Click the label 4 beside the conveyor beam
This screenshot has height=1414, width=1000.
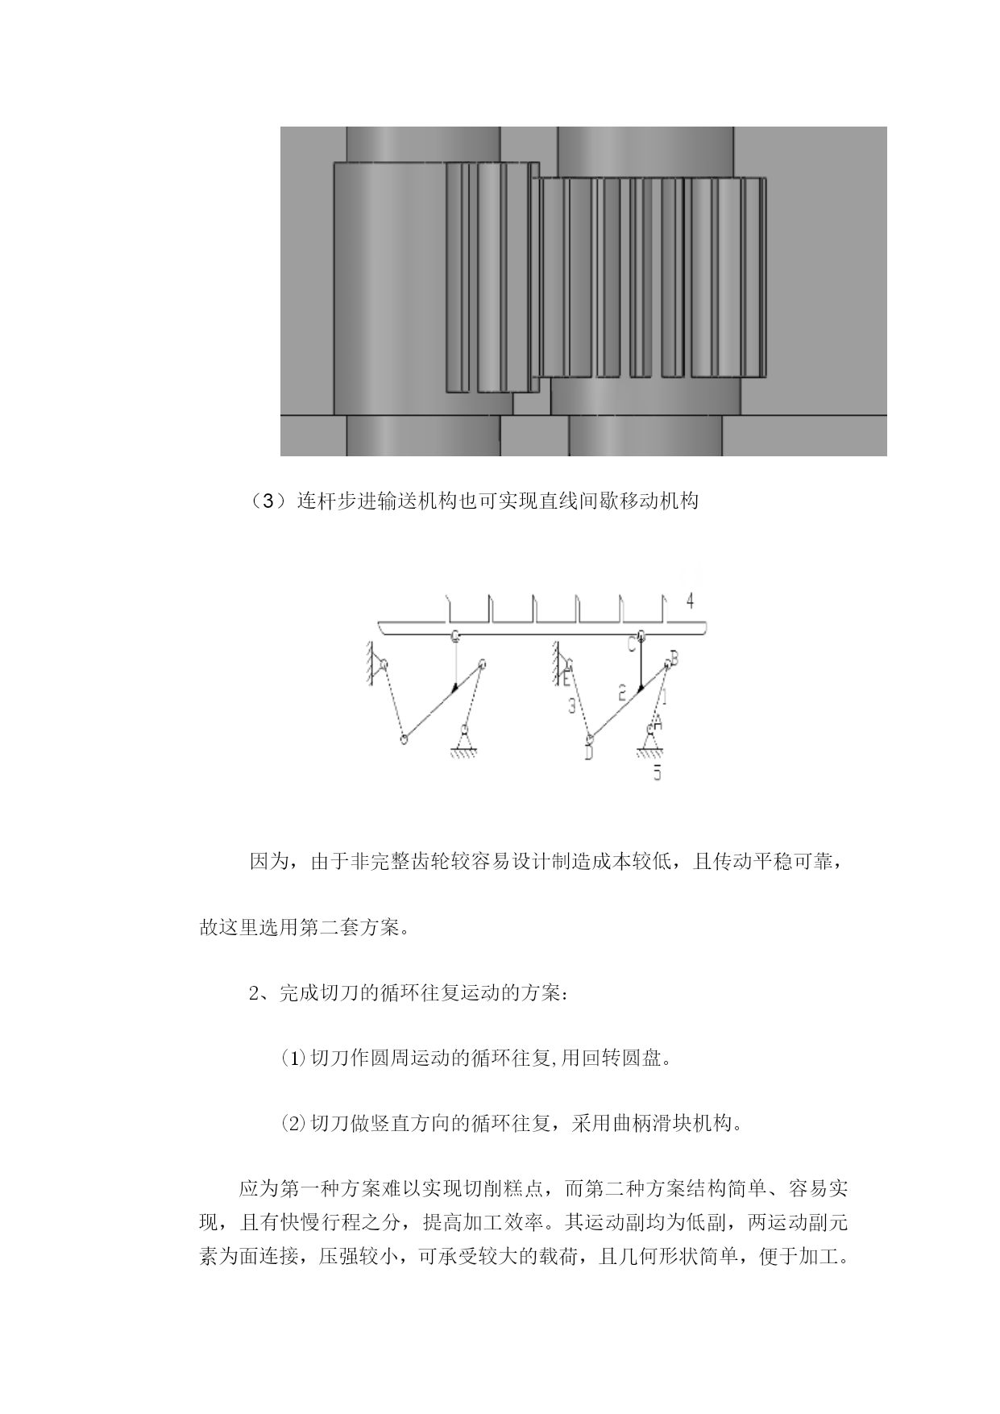click(689, 601)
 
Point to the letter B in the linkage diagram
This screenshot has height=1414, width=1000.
click(674, 659)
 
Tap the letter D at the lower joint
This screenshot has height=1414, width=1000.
click(589, 753)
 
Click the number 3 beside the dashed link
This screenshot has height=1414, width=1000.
click(571, 706)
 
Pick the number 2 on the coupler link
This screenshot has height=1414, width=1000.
click(621, 692)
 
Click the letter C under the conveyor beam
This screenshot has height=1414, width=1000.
click(632, 646)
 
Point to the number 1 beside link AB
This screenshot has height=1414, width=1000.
click(665, 691)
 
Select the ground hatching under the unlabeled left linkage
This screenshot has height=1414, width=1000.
click(465, 754)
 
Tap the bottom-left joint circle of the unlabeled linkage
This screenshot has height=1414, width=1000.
click(404, 738)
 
